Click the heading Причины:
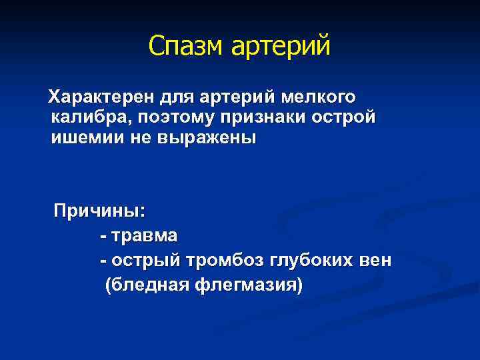click(x=99, y=212)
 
